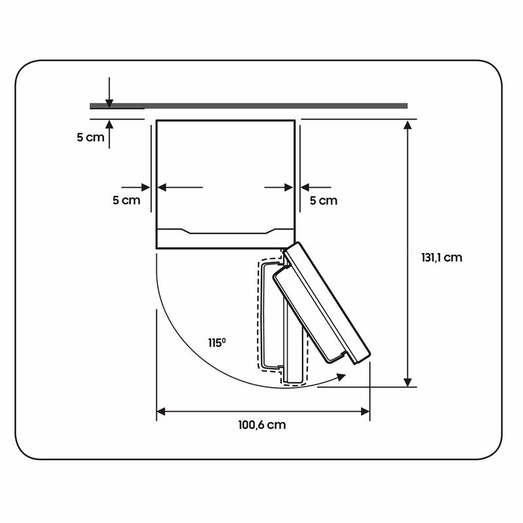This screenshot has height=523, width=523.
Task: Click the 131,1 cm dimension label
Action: coord(442,258)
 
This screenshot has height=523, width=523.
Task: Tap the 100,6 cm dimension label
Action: coord(262,425)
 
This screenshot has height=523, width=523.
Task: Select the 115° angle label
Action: coord(217,343)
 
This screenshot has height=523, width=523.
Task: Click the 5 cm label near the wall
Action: coord(90,137)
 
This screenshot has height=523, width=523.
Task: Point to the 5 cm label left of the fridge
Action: coord(126,200)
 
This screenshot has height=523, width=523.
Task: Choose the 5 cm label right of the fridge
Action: coord(323,201)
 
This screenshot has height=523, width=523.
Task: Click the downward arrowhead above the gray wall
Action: coord(109,103)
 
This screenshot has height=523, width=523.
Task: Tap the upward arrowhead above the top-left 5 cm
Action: coord(109,124)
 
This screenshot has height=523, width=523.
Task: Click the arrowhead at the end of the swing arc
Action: coord(341,377)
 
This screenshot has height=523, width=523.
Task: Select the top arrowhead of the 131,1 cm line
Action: coord(407,125)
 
